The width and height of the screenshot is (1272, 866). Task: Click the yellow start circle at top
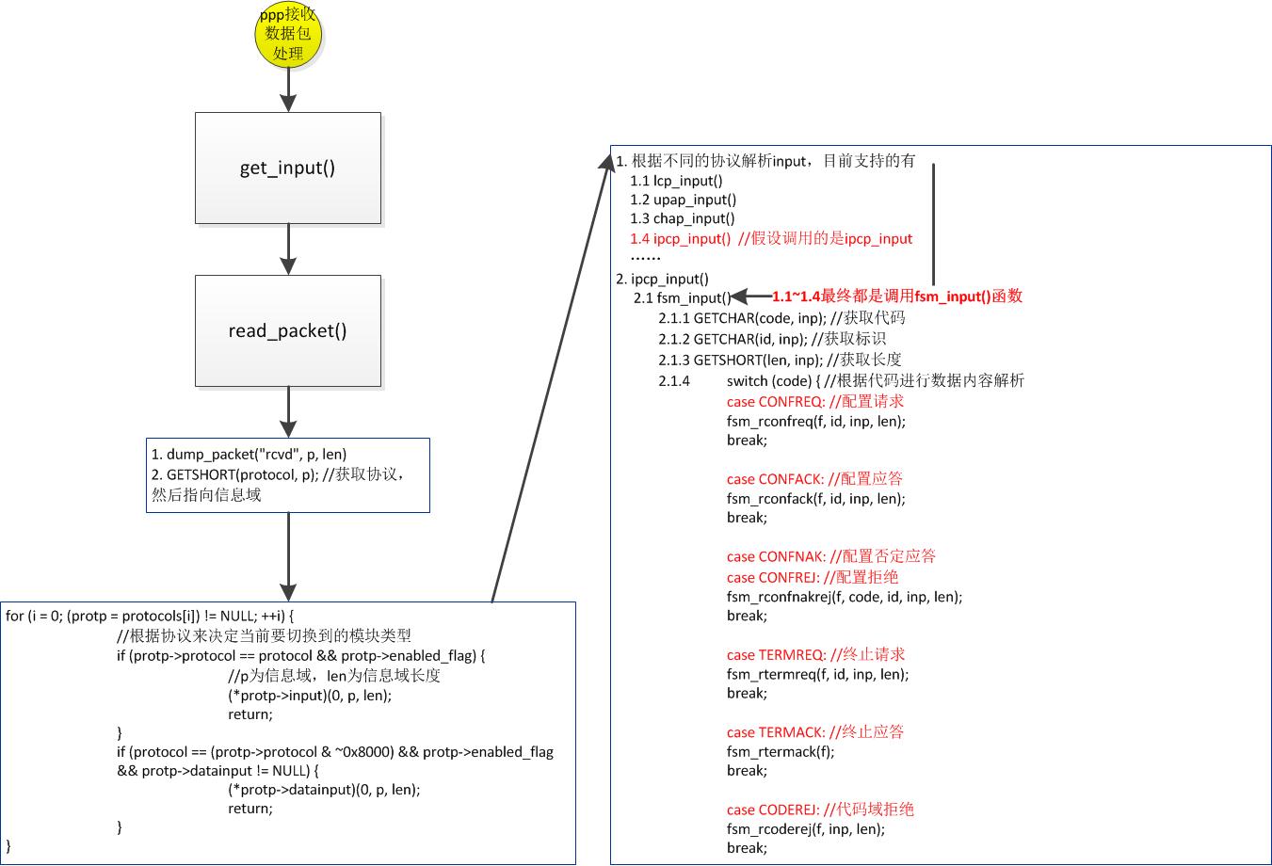[x=288, y=35]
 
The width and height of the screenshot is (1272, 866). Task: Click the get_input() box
[x=288, y=168]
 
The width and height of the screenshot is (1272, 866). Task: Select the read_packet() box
[x=288, y=330]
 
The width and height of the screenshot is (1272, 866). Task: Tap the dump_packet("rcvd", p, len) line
[x=249, y=455]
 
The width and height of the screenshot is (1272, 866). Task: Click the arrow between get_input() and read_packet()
[x=288, y=249]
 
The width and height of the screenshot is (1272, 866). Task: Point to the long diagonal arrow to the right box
[x=551, y=377]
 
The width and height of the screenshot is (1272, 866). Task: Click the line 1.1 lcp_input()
[x=676, y=181]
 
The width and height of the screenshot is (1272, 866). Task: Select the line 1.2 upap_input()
[x=683, y=200]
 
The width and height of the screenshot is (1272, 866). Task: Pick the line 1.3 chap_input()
[x=682, y=218]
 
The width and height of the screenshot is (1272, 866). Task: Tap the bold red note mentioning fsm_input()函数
[x=896, y=297]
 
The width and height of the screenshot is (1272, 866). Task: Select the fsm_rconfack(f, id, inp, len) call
[x=815, y=499]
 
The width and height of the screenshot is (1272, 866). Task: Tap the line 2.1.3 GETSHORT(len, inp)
[x=780, y=360]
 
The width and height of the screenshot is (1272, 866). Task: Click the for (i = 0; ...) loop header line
[x=149, y=617]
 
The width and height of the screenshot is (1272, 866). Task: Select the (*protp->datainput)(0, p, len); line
[x=324, y=790]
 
